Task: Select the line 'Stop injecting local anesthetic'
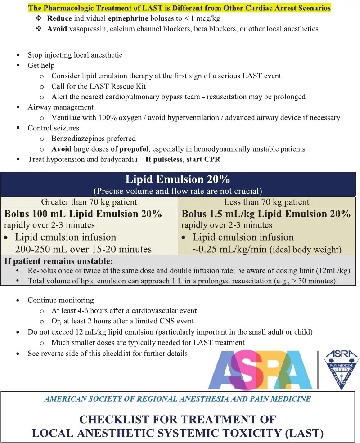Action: tap(75, 55)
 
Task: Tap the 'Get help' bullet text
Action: tap(41, 65)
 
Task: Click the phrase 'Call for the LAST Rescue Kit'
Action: tap(99, 86)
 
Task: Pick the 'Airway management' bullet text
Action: tap(61, 107)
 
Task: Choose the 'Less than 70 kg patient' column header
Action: tap(267, 202)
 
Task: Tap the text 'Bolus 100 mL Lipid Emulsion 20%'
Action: tap(83, 214)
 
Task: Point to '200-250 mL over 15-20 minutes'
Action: tap(83, 249)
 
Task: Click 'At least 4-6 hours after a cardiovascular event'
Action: tap(124, 310)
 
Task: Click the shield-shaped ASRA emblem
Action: tap(342, 370)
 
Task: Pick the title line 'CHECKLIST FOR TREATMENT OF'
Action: tap(178, 419)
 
